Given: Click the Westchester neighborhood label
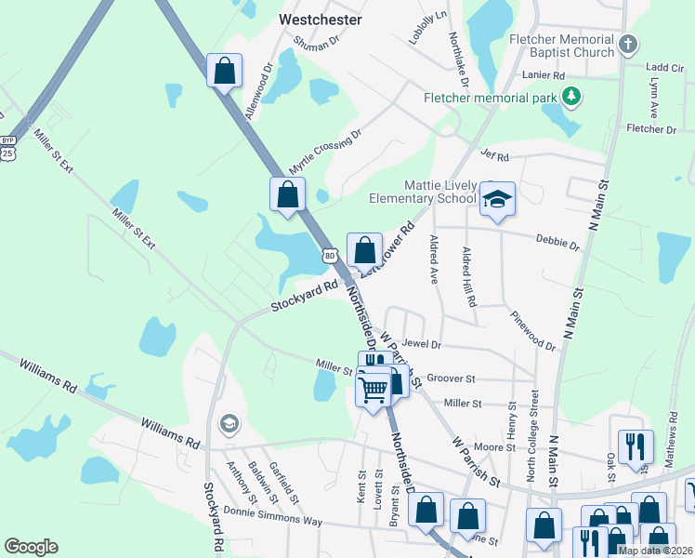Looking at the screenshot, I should (x=321, y=19).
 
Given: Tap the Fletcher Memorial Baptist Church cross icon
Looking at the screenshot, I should (x=628, y=44).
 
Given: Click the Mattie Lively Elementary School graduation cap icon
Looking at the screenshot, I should (x=497, y=199).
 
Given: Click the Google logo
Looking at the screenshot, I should (x=31, y=547).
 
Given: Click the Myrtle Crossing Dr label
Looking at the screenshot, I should (x=323, y=151).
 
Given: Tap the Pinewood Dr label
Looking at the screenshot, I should (x=532, y=331).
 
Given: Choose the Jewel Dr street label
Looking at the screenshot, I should (x=421, y=344).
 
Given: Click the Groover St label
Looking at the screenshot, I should (x=451, y=379).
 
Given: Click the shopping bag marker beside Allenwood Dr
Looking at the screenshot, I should (x=225, y=71).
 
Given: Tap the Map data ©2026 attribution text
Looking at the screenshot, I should (x=655, y=551).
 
